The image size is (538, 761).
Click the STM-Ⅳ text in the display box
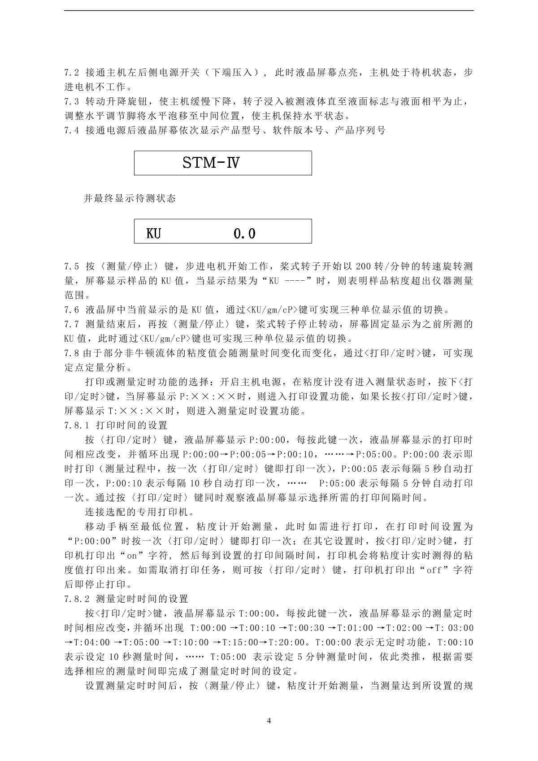pyautogui.click(x=211, y=162)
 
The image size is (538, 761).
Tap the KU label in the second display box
pyautogui.click(x=154, y=234)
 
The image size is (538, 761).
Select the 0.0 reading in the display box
pyautogui.click(x=245, y=234)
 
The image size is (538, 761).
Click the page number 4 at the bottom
pyautogui.click(x=269, y=721)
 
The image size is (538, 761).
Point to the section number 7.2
pyautogui.click(x=72, y=73)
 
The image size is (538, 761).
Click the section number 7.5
pyautogui.click(x=72, y=266)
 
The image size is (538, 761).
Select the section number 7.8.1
pyautogui.click(x=77, y=425)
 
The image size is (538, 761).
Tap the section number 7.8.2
pyautogui.click(x=77, y=599)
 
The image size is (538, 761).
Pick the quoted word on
pyautogui.click(x=132, y=556)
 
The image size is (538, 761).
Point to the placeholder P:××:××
pyautogui.click(x=208, y=396)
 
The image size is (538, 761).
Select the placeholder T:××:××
pyautogui.click(x=137, y=411)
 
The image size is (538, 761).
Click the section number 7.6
pyautogui.click(x=72, y=310)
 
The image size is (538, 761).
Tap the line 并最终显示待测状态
pyautogui.click(x=130, y=198)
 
